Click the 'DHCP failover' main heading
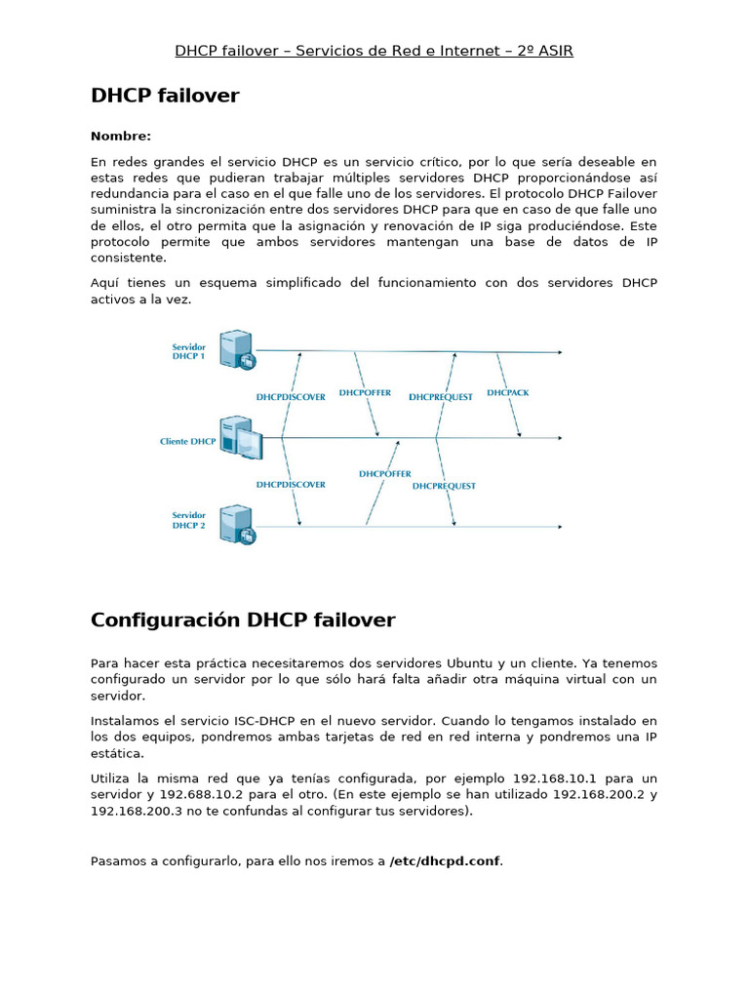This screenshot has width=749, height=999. pos(165,96)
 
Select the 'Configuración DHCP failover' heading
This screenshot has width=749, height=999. pos(243,620)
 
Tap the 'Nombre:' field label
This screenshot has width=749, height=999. pos(121,136)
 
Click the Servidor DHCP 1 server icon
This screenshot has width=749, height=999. pos(237,349)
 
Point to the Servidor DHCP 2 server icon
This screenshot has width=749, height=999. pos(237,523)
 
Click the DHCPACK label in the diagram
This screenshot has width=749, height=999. pos(508,392)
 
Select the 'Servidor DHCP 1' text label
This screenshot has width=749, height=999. pos(188,351)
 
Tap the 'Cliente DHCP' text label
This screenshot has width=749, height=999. pos(187,441)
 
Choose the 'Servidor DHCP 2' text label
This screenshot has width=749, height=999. pos(188,520)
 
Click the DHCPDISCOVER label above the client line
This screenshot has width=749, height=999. pos(291,397)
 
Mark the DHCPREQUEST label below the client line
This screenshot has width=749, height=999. pos(444,485)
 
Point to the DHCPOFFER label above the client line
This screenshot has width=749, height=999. pos(366,392)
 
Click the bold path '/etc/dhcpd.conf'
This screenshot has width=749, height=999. pos(446,861)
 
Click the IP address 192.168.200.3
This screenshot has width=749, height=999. pos(137,811)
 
